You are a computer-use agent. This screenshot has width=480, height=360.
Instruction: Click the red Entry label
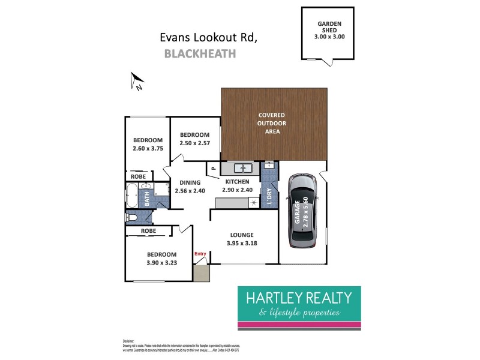tap(200, 254)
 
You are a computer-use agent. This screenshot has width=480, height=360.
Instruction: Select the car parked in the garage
tap(301, 211)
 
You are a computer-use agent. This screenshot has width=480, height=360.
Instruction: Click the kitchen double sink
tap(242, 168)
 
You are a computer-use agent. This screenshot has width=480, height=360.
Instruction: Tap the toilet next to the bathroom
tap(130, 217)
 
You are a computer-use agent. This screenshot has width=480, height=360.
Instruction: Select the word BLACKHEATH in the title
tap(200, 54)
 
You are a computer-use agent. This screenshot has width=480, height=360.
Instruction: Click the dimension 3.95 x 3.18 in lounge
tap(245, 244)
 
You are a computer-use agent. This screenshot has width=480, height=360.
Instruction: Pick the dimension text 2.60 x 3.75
tap(148, 149)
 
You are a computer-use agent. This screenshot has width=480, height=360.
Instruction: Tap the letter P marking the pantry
tap(213, 170)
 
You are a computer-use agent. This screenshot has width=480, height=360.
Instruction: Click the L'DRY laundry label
tap(269, 197)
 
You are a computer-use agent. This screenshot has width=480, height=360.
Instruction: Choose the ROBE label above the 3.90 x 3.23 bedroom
tap(149, 230)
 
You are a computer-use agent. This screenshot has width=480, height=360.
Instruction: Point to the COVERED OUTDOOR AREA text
tap(272, 123)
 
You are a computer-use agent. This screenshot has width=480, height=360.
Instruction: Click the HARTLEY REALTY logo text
tap(300, 298)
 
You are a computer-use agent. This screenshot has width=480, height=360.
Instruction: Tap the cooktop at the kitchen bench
tap(254, 203)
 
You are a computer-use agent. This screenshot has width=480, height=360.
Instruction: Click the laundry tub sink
tap(269, 166)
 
